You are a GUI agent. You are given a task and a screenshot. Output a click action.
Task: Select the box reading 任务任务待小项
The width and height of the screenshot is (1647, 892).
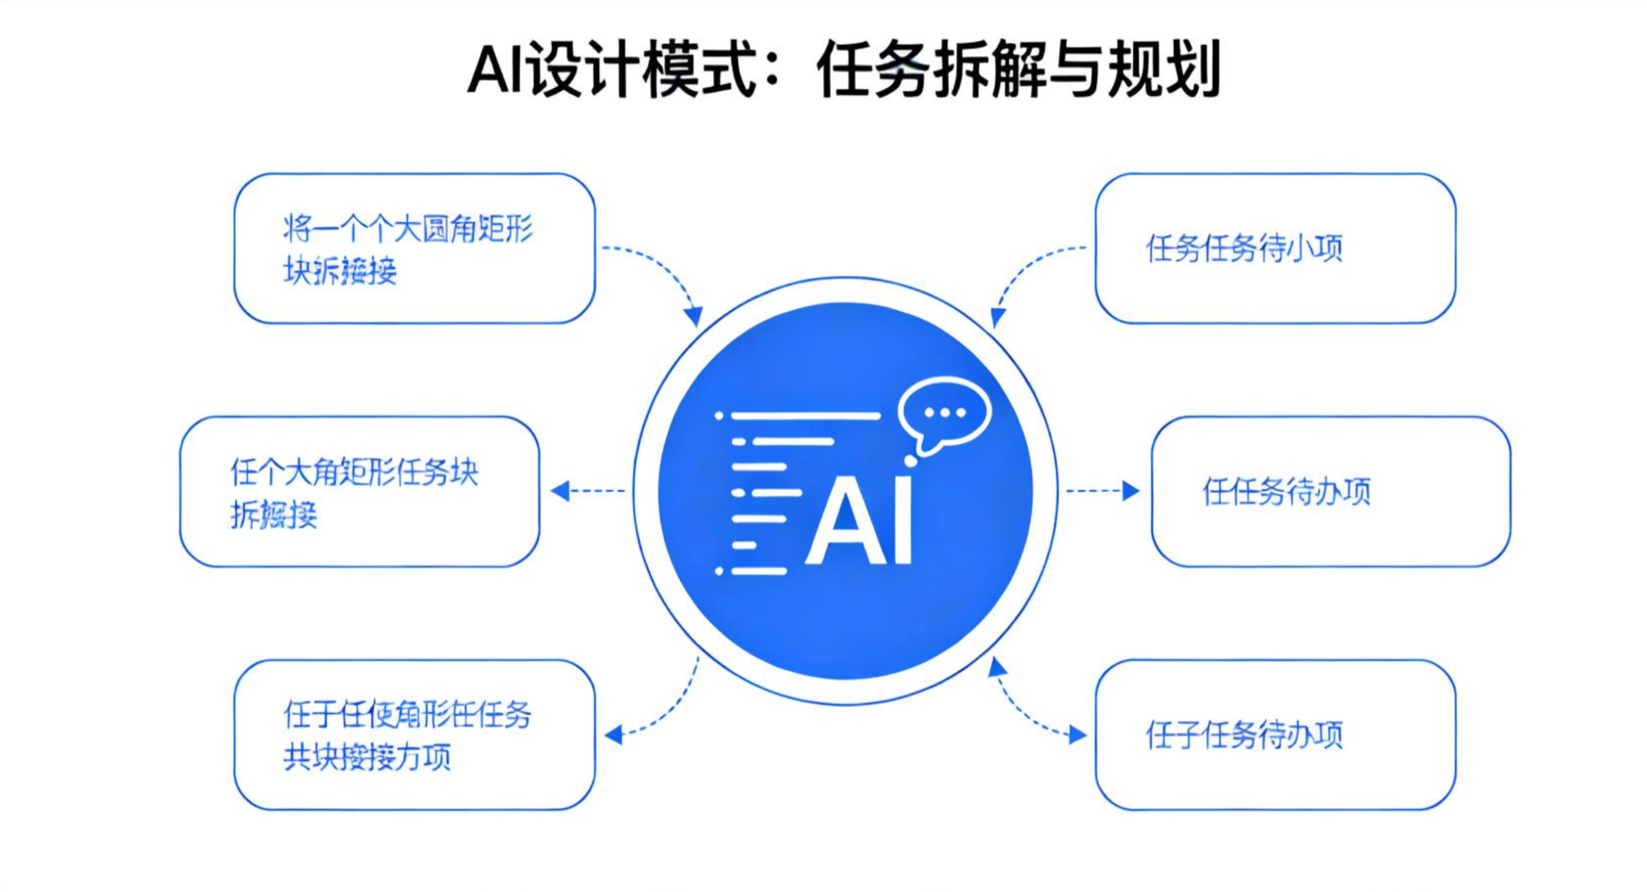[x=1275, y=248]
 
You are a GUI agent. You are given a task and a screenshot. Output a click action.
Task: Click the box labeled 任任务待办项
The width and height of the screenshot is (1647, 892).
[x=1331, y=492]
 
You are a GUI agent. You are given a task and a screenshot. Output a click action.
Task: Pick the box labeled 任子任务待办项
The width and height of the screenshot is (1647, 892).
[x=1275, y=735]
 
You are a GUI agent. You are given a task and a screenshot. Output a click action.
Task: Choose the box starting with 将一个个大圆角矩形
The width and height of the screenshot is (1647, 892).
[x=414, y=248]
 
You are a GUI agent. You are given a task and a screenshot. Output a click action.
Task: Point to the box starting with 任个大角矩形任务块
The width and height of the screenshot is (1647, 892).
[x=359, y=492]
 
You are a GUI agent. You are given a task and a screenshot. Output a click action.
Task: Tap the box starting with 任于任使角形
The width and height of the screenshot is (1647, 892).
[x=414, y=735]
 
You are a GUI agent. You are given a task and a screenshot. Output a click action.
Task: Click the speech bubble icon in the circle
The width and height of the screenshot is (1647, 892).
[x=944, y=414]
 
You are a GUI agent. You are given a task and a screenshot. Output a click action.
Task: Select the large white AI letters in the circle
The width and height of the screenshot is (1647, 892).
[x=858, y=521]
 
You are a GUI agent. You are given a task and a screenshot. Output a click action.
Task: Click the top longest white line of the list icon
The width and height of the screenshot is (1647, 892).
[x=805, y=416]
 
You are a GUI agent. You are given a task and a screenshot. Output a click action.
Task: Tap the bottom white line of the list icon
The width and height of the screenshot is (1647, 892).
[x=758, y=571]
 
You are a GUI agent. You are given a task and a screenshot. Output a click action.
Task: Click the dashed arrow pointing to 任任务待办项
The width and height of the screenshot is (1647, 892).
[x=1102, y=491]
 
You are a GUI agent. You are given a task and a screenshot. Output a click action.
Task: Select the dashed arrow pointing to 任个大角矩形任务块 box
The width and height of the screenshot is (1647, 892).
[x=588, y=491]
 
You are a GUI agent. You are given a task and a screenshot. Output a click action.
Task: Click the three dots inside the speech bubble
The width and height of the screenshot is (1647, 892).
[x=945, y=413]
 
